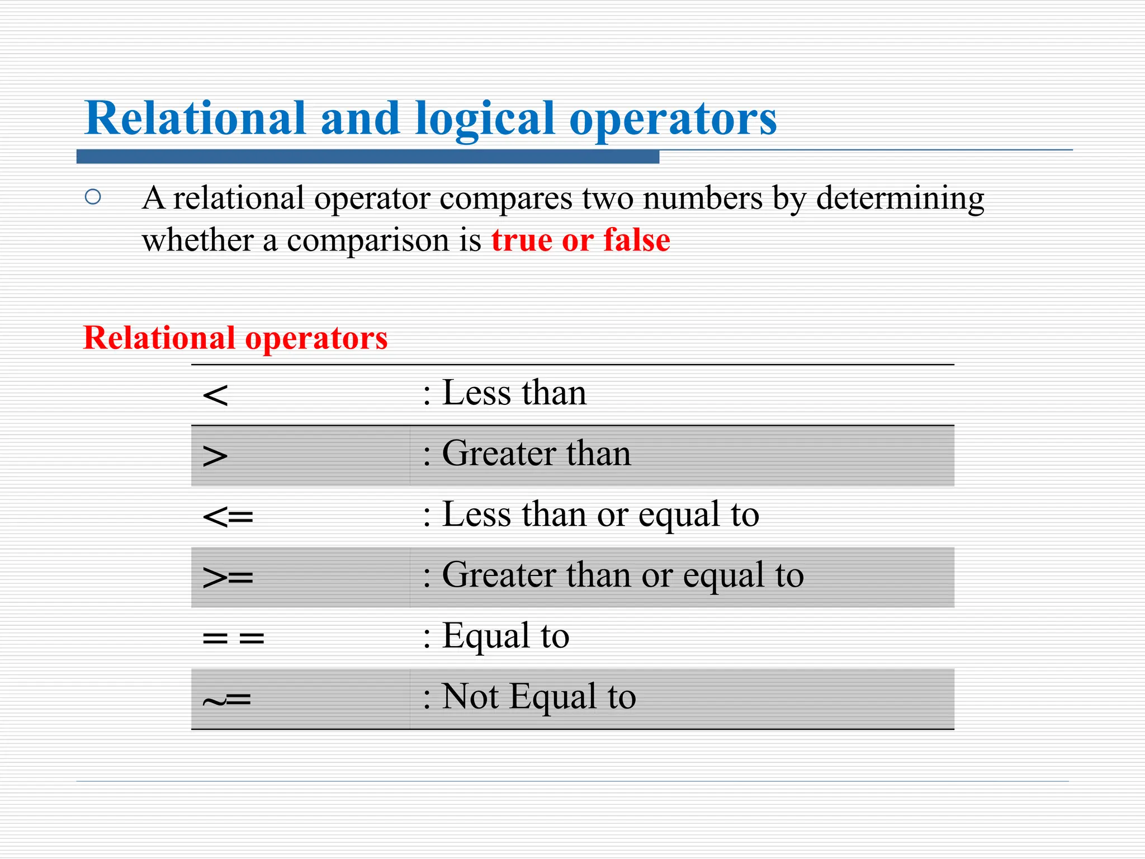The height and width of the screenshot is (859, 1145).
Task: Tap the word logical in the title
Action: pos(484,119)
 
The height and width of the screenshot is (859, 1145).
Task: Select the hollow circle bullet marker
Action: pos(93,197)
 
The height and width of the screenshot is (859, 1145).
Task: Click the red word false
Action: pos(637,240)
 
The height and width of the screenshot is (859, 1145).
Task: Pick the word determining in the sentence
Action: pos(900,199)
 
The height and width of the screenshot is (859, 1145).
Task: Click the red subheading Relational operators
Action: pos(235,338)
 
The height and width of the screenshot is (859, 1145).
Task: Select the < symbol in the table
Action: pos(215,395)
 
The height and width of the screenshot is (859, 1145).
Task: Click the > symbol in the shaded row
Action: pos(215,456)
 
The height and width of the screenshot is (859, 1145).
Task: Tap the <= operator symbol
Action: pos(228,517)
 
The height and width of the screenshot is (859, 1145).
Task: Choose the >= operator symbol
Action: pos(228,577)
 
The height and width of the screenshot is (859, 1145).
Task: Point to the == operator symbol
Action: pos(233,638)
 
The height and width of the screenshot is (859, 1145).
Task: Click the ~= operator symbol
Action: pos(227,699)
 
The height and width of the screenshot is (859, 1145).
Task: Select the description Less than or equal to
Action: pos(600,515)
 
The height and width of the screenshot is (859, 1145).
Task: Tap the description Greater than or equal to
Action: pos(622,575)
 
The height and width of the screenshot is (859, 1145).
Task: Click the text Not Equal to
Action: pos(538,697)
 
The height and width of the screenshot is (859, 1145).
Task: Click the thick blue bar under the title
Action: pos(368,157)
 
